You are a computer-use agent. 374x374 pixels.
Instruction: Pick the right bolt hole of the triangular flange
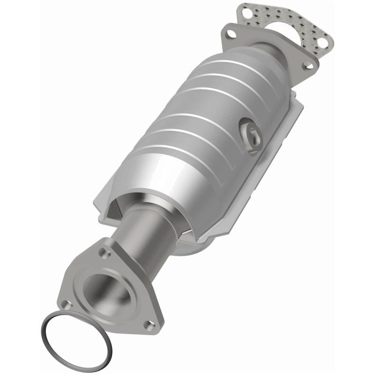148,323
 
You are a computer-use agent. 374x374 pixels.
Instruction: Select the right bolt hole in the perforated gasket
321,43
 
